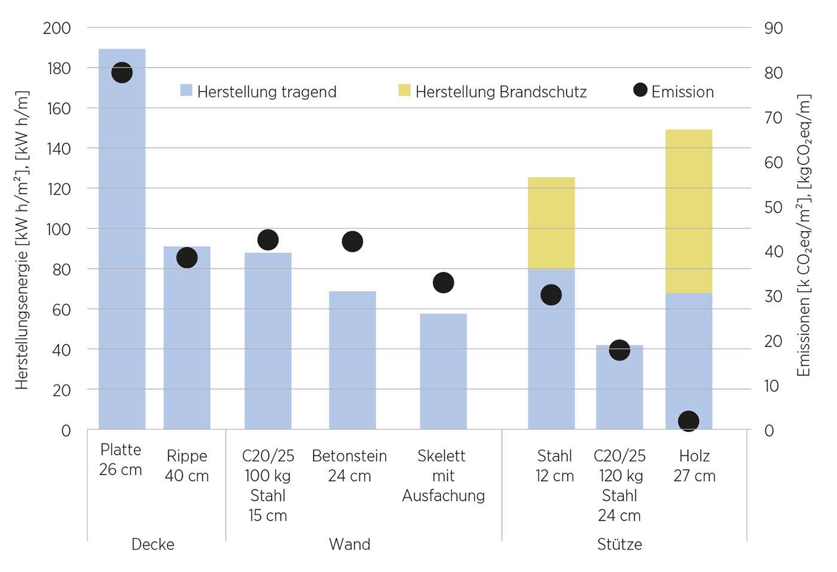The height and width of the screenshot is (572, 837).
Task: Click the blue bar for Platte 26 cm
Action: (x=122, y=251)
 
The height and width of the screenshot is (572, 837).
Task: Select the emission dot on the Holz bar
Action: (x=688, y=421)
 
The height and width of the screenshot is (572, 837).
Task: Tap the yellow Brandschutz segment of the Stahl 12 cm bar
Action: (x=551, y=223)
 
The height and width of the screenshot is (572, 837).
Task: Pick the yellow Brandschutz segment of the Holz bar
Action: (x=689, y=211)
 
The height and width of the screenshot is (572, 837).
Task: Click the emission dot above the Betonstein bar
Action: (x=352, y=241)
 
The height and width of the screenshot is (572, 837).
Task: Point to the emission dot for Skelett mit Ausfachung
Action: (x=443, y=283)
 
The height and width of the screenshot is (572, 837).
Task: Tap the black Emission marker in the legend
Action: (x=640, y=90)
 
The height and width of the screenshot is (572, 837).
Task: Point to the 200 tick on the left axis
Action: (x=57, y=28)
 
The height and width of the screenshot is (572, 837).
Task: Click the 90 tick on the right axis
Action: (x=773, y=28)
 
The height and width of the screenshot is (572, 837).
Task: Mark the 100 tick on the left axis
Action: (x=57, y=229)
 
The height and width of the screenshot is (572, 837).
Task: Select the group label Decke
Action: (x=153, y=544)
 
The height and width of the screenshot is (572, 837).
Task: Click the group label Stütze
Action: (x=619, y=544)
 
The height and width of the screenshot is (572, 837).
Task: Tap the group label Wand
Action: (x=350, y=544)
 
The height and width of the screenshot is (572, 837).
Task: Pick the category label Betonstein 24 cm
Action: (x=349, y=466)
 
